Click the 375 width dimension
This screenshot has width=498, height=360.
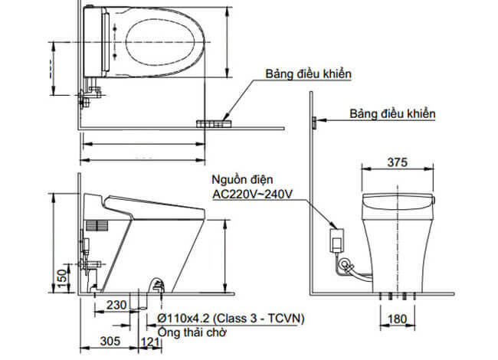396,162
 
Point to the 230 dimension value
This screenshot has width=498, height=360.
116,304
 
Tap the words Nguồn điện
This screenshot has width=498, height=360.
242,179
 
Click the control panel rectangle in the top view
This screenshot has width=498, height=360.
214,121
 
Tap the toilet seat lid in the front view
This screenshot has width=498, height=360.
396,201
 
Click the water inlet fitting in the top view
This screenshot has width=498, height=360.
89,96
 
